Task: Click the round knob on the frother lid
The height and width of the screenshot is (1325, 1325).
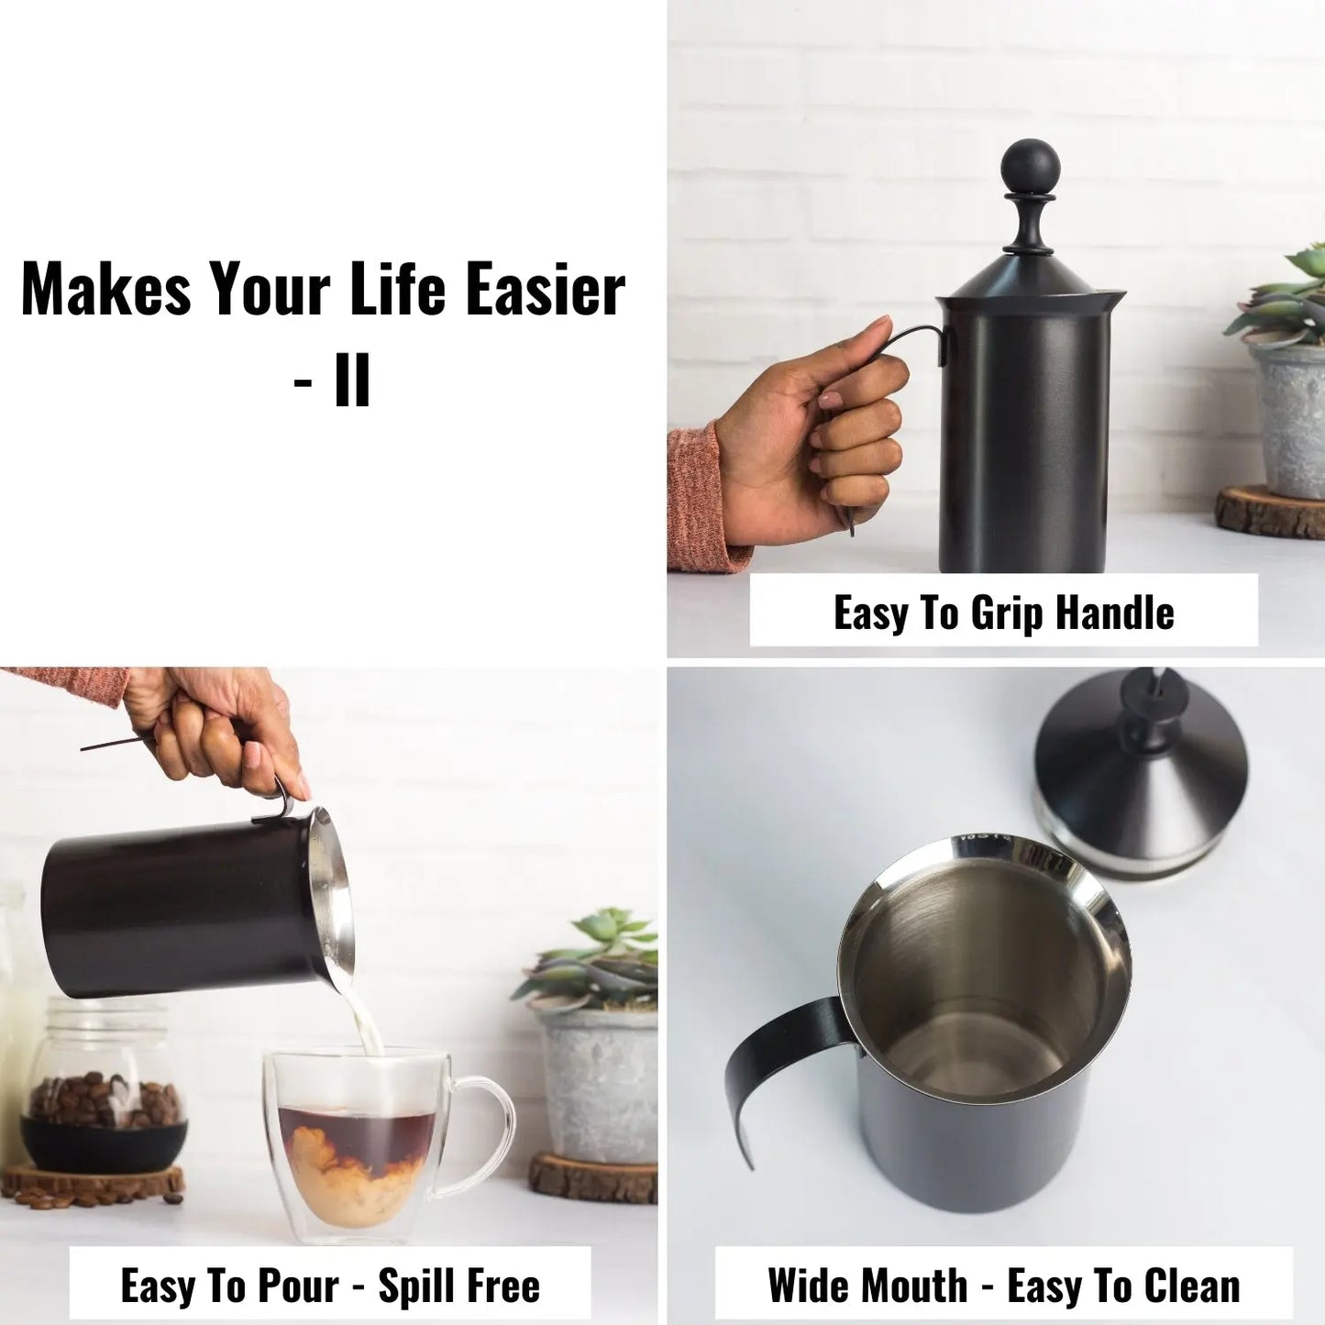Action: pos(1030,167)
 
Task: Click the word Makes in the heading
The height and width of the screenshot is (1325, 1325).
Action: pos(105,290)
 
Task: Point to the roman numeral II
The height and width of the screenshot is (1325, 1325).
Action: pos(352,381)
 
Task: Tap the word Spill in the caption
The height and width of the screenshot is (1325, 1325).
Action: pos(416,1286)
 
